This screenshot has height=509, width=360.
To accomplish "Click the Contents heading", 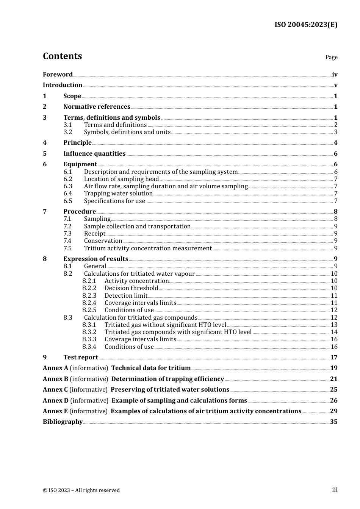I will (x=62, y=56).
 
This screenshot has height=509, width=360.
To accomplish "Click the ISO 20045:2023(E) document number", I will (x=306, y=25).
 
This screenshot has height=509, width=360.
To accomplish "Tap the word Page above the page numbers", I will (x=331, y=57).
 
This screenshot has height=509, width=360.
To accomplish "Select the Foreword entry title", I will (x=58, y=75).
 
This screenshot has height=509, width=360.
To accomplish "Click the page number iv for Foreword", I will (x=335, y=75).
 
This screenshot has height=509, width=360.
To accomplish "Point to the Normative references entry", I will (x=97, y=107).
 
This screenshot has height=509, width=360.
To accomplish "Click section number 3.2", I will (x=68, y=132).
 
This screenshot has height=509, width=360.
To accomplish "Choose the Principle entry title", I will (x=77, y=143).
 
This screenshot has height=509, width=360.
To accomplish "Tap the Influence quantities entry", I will (x=94, y=154).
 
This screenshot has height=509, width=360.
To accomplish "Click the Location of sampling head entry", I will (x=121, y=179).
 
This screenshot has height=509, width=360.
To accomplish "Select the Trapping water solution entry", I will (x=118, y=194).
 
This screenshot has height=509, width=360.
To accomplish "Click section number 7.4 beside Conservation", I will (x=67, y=241).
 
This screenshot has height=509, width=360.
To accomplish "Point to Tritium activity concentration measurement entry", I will (x=148, y=248).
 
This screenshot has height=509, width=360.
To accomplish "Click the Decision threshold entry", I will (x=131, y=288).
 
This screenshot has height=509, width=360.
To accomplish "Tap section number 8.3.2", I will (x=89, y=332).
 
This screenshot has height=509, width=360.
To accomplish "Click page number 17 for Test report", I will (x=334, y=358).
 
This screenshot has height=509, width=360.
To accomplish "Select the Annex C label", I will (x=56, y=390).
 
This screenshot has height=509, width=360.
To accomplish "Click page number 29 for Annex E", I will (x=334, y=411).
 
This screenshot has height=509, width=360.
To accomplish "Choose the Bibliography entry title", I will (x=63, y=422).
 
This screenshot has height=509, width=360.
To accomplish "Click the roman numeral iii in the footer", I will (x=335, y=490).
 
